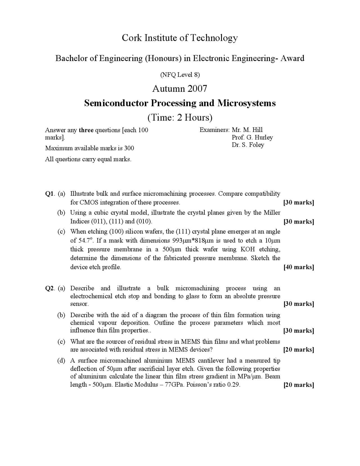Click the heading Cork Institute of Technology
pos(180,38)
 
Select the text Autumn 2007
pos(180,89)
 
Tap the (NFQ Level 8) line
pos(180,75)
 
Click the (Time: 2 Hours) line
pos(180,117)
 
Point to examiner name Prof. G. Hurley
pos(252,137)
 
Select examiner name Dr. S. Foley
pos(248,145)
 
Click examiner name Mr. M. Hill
pos(247,130)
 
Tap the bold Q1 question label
pos(49,194)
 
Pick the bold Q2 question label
pos(49,288)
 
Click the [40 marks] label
pos(299,267)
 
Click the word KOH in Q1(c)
pos(247,249)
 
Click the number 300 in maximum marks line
pos(129,148)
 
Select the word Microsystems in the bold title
pos(246,103)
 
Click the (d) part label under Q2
pos(61,360)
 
